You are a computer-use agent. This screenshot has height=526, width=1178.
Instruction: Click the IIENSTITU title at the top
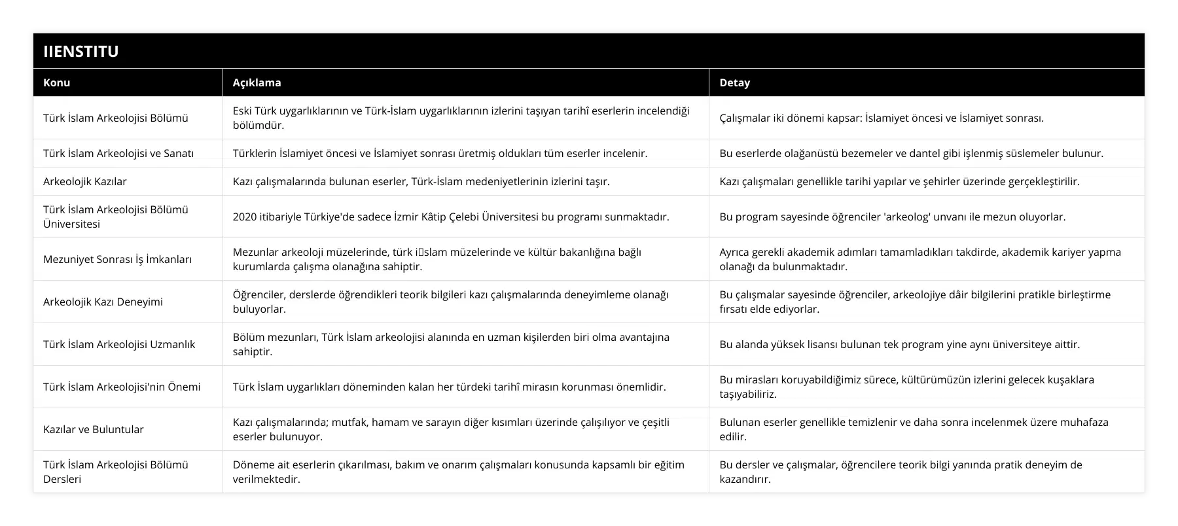coord(81,51)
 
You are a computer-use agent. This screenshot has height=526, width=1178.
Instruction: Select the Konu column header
coord(57,82)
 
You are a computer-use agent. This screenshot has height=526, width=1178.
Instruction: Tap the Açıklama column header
coord(257,82)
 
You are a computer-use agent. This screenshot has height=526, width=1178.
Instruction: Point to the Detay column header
coord(735,82)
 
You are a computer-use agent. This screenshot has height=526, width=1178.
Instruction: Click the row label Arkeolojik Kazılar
coord(85,181)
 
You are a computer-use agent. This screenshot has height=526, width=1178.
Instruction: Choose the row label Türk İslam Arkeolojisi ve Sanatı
coord(118,153)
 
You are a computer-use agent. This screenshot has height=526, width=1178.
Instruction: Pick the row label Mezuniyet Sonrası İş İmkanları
coord(118,259)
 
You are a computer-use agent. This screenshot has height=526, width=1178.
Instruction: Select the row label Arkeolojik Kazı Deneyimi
coord(103,302)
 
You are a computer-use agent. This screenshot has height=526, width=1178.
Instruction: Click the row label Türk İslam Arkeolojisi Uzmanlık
coord(119,344)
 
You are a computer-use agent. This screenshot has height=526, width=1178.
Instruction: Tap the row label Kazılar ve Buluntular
coord(94,429)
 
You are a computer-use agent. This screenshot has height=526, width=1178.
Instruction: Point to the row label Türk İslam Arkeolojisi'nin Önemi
coord(122,387)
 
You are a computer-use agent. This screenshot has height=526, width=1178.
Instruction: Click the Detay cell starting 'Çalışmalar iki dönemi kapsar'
coord(882,118)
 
